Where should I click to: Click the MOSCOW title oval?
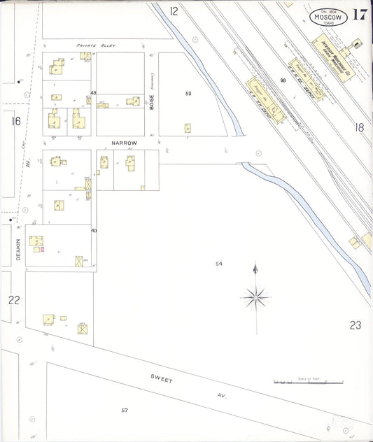click(x=327, y=17)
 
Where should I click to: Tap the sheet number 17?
click(x=360, y=15)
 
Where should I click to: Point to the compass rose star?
click(x=255, y=297)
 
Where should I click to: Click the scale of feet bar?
click(x=308, y=383)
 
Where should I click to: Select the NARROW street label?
click(x=124, y=143)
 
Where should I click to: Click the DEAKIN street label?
click(x=19, y=248)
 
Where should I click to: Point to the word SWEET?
click(x=162, y=379)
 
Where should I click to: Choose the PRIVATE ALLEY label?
click(x=95, y=45)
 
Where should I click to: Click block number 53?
click(x=188, y=93)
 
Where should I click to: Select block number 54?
click(x=219, y=263)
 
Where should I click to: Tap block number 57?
click(x=125, y=409)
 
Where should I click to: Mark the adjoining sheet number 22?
click(x=13, y=300)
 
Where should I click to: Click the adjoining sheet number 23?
click(x=356, y=325)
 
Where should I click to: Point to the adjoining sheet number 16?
click(x=15, y=121)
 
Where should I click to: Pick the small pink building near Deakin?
click(x=42, y=248)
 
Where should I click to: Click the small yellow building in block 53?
click(x=188, y=128)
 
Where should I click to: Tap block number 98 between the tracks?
click(x=283, y=81)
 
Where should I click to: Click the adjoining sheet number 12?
click(x=174, y=10)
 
